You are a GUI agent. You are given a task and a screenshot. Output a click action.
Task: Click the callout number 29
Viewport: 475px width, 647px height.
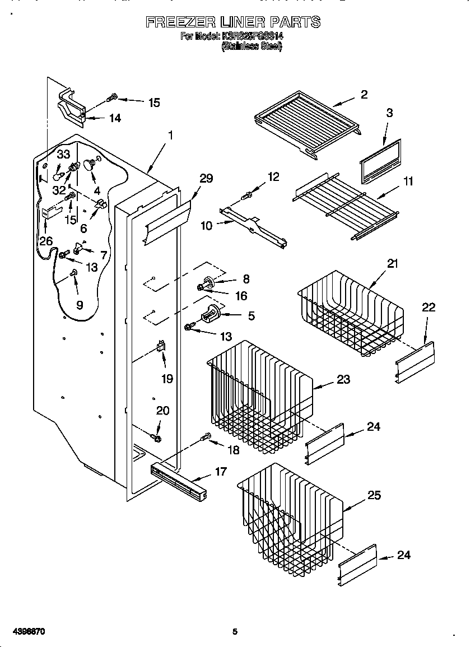pos(206,178)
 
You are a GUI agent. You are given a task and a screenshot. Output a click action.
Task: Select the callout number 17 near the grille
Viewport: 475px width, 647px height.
pos(221,472)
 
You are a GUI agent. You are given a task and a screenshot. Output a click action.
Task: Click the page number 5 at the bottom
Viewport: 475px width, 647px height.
pos(235,632)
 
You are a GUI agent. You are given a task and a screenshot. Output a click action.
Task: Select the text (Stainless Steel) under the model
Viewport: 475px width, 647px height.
pos(252,47)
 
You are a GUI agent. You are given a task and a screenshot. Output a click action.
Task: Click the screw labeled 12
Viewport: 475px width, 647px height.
pos(246,196)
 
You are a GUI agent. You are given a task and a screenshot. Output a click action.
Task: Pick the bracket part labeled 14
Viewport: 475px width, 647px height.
pos(71,106)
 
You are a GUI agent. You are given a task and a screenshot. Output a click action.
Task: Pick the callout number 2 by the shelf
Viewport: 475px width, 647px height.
pos(364,95)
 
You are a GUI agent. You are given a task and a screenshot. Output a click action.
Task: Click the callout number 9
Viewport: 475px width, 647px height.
pos(79,305)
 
